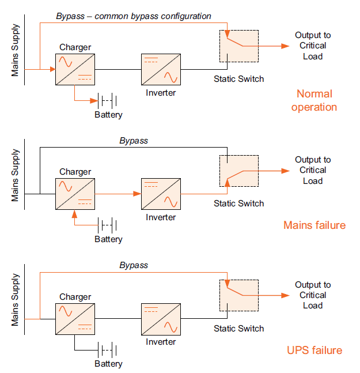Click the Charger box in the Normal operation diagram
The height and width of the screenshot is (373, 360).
pos(75,69)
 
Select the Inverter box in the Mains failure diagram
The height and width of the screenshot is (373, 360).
pos(161,194)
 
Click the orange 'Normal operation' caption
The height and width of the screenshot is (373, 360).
pos(314,100)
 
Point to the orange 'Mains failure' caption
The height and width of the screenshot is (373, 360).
pos(314,225)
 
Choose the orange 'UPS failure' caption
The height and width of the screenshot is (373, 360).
pos(314,350)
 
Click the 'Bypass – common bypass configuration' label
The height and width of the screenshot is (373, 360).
pos(134,16)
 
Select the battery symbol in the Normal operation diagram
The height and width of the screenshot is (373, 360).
pos(108,101)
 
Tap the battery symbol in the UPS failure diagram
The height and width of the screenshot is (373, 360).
pos(108,351)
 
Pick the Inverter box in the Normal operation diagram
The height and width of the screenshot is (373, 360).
pos(161,69)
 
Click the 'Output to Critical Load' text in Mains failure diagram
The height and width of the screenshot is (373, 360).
pos(313,170)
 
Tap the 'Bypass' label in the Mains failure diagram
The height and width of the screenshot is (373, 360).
pos(134,141)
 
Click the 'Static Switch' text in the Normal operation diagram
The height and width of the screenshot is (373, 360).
pos(239,78)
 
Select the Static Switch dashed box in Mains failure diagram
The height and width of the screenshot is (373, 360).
pos(239,170)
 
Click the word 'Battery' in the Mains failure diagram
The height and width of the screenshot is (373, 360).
pos(109,239)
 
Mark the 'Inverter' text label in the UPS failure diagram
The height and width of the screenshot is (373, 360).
pos(161,342)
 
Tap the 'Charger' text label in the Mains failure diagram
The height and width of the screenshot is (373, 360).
pos(75,172)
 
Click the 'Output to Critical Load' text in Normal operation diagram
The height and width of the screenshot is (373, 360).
pos(313,46)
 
